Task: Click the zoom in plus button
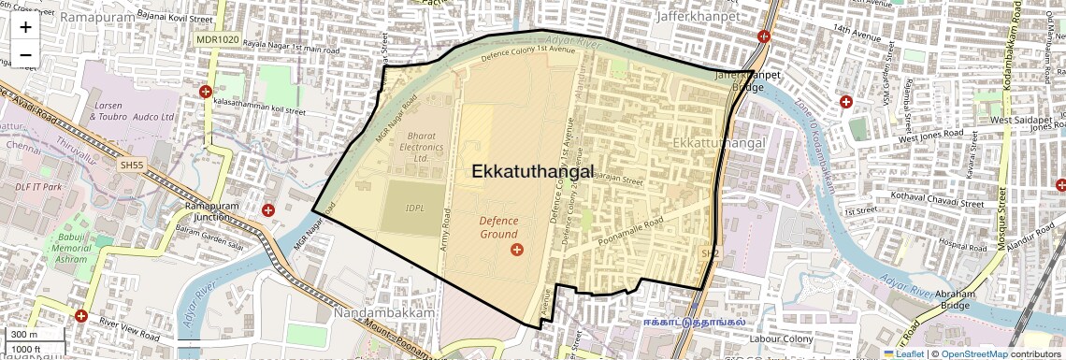(25, 27)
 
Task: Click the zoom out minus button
(25, 55)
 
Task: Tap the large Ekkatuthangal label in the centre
(533, 172)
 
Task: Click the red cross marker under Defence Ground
(517, 249)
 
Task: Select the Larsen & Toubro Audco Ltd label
(134, 112)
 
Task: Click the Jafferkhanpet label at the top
(699, 16)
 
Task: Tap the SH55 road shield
(133, 165)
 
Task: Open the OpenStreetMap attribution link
(974, 354)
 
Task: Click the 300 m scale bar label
(25, 335)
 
